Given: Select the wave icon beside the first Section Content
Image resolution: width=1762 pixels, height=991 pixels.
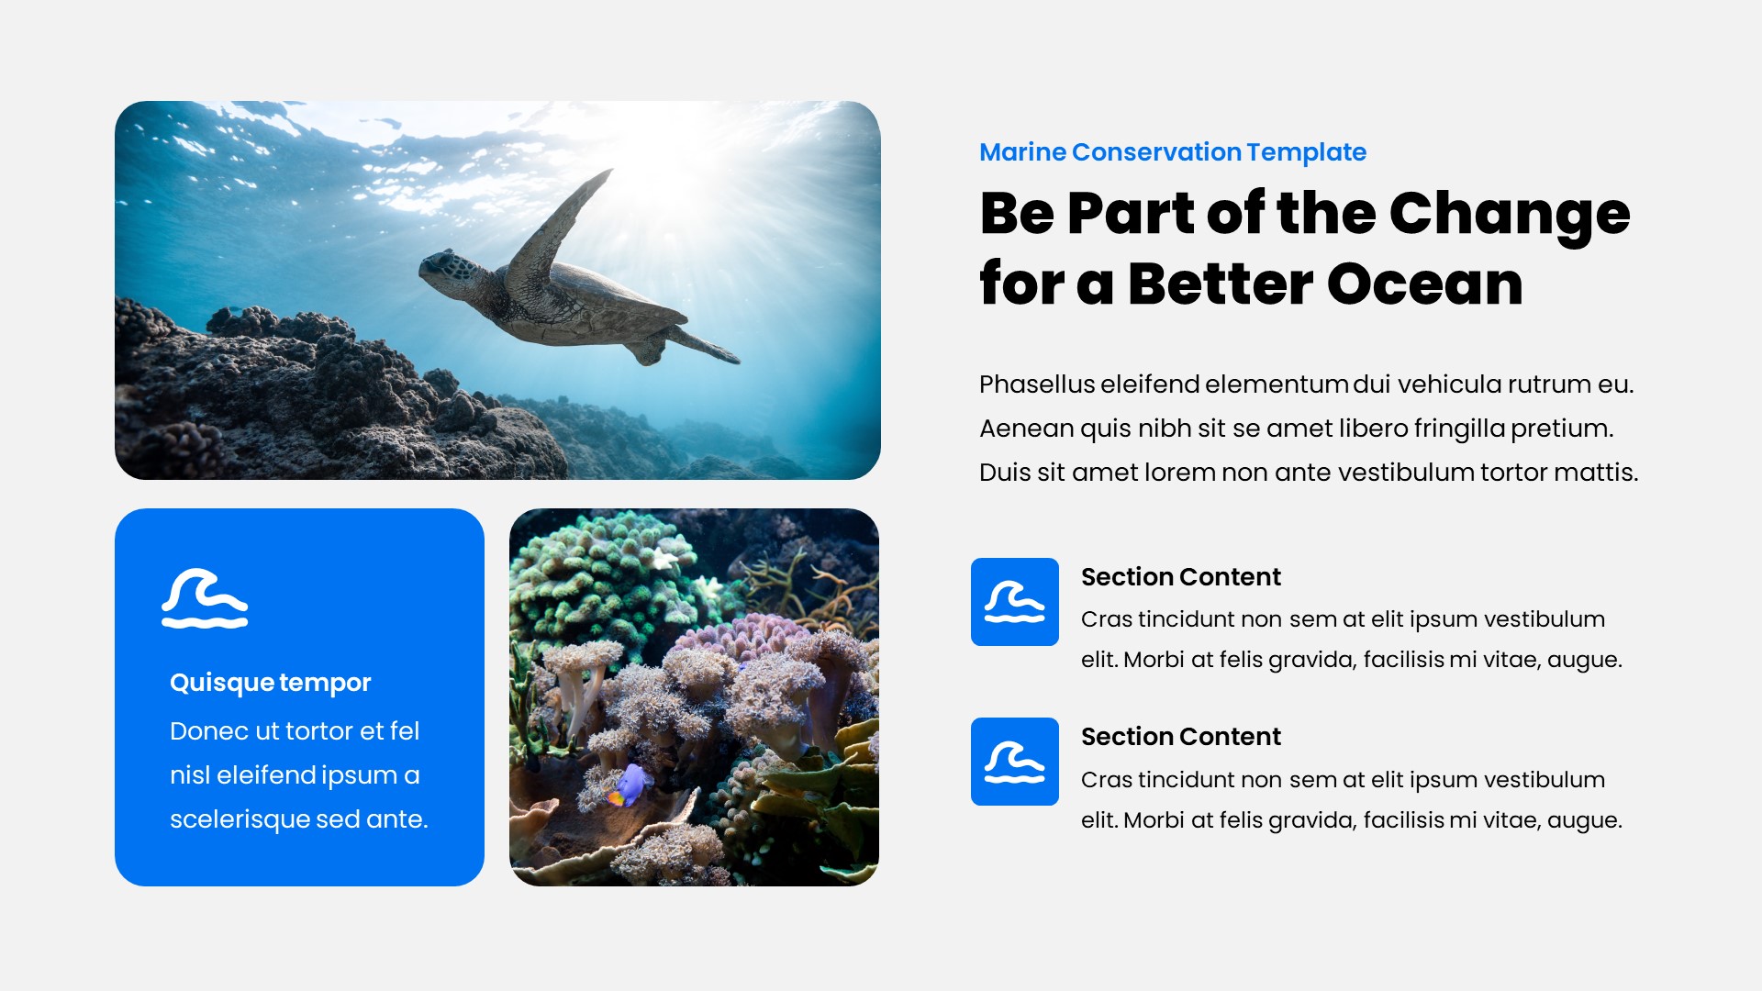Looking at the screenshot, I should coord(1014,602).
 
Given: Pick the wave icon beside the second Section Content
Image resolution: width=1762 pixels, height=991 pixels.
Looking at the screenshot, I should coord(1014,762).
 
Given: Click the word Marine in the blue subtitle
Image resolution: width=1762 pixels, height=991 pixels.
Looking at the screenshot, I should coord(1021,152).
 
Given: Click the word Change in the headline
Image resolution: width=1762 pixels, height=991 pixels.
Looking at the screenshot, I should coord(1509,214).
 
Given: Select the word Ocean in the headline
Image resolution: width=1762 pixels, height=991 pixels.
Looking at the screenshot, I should coord(1424,284).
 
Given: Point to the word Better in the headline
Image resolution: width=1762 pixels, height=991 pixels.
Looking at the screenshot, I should coord(1220,284).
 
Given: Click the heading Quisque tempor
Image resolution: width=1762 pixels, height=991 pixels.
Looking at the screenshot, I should coord(270,683).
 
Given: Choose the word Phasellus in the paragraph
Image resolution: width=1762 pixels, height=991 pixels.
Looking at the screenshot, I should coord(1037,384).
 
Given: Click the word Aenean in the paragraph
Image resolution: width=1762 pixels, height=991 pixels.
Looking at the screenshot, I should coord(1026,429).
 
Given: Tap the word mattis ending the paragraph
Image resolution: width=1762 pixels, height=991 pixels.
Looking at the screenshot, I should coord(1600,473).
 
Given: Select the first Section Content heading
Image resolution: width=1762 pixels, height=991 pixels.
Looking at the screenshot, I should coord(1180,577).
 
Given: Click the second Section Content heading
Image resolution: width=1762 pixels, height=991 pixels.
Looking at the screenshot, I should coord(1180,737).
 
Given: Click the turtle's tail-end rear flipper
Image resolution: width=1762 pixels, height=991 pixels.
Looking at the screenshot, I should coord(707,346).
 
